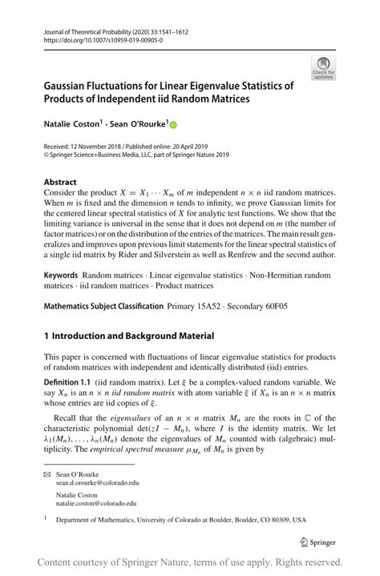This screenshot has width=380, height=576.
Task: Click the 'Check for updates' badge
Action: click(x=325, y=68)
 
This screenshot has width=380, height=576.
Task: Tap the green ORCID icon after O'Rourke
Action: click(x=173, y=123)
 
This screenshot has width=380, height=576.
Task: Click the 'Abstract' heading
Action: click(x=61, y=181)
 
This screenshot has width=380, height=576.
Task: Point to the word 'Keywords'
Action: click(x=61, y=275)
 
